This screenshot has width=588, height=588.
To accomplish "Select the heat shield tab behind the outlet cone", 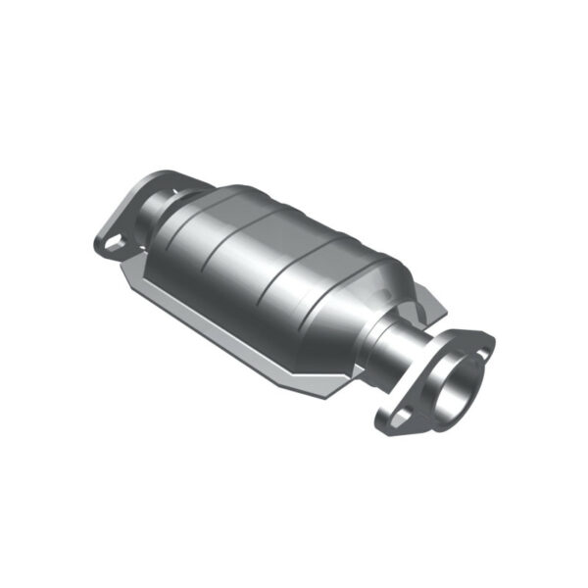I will (431, 304).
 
